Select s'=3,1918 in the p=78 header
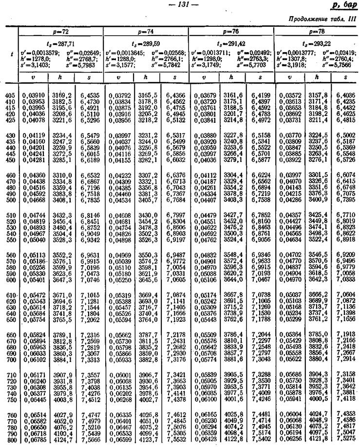[292, 64]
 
